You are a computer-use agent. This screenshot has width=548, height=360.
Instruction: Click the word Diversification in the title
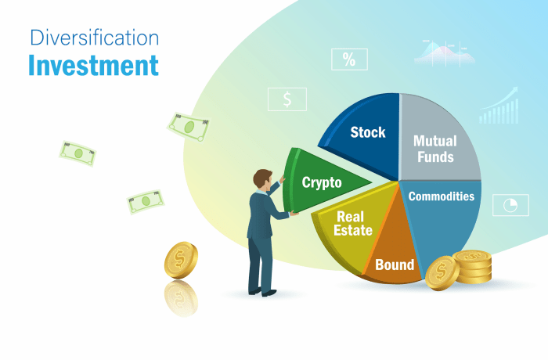click(93, 37)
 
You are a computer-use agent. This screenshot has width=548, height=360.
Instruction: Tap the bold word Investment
click(93, 65)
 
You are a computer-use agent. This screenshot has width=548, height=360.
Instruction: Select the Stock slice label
click(368, 132)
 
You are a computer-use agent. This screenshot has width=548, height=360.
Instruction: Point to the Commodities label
click(442, 196)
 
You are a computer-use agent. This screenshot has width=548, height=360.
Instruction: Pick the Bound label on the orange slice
click(395, 265)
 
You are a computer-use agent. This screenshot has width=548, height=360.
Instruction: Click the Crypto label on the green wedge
click(322, 182)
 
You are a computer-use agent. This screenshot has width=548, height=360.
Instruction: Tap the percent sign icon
click(349, 59)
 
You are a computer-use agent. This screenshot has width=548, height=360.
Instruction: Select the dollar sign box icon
click(287, 99)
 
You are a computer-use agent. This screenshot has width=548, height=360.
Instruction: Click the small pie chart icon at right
click(510, 205)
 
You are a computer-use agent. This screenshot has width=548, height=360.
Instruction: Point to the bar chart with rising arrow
click(499, 107)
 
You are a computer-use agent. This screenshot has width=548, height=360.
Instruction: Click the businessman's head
click(261, 179)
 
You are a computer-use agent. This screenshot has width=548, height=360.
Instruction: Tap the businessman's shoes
click(261, 292)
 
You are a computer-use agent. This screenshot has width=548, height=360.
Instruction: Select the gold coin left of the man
click(181, 261)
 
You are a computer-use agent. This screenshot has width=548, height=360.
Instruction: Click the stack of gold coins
click(472, 267)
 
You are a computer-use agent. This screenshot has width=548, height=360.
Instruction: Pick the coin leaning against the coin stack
click(442, 273)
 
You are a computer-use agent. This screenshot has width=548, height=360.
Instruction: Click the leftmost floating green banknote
click(78, 153)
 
